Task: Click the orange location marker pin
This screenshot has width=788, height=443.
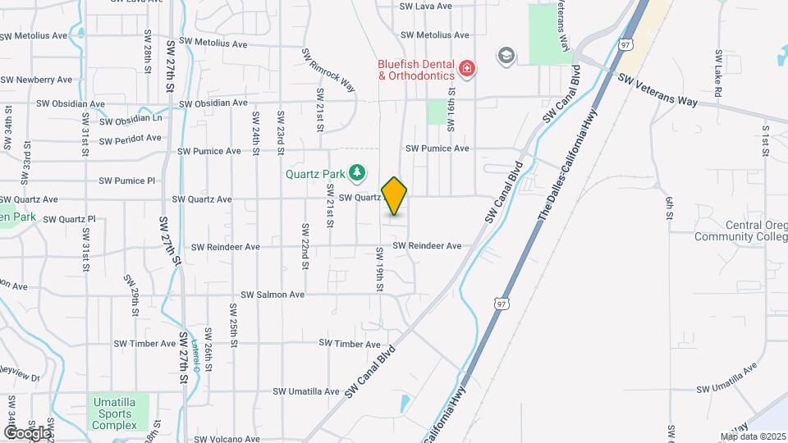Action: (395, 196)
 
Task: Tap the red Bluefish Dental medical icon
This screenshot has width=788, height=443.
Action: (467, 68)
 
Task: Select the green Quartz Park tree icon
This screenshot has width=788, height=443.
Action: (356, 171)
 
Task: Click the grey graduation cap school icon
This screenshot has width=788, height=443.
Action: (506, 56)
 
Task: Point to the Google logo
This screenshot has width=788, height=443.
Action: (26, 432)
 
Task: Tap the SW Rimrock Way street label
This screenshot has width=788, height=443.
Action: (333, 75)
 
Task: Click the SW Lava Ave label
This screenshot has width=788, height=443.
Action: (425, 6)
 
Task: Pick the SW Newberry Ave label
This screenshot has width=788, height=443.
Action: (37, 80)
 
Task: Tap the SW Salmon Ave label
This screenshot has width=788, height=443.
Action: (273, 295)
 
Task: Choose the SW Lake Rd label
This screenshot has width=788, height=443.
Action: (717, 74)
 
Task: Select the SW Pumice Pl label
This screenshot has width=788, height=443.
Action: (126, 180)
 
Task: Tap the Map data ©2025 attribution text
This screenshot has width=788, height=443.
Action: (753, 436)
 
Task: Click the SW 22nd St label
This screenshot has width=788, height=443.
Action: (305, 244)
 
